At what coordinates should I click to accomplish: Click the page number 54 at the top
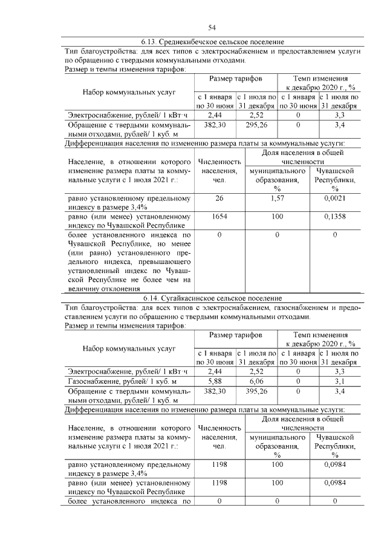point(212,27)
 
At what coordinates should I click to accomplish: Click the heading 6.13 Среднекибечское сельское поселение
point(212,42)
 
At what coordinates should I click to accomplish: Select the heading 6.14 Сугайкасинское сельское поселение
point(212,299)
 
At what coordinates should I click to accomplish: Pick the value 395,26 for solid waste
point(256,392)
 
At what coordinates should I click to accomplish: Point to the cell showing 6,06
point(256,381)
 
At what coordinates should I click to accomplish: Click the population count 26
point(218,198)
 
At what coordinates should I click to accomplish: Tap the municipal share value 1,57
point(277,198)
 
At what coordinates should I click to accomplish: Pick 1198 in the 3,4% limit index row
point(218,465)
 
